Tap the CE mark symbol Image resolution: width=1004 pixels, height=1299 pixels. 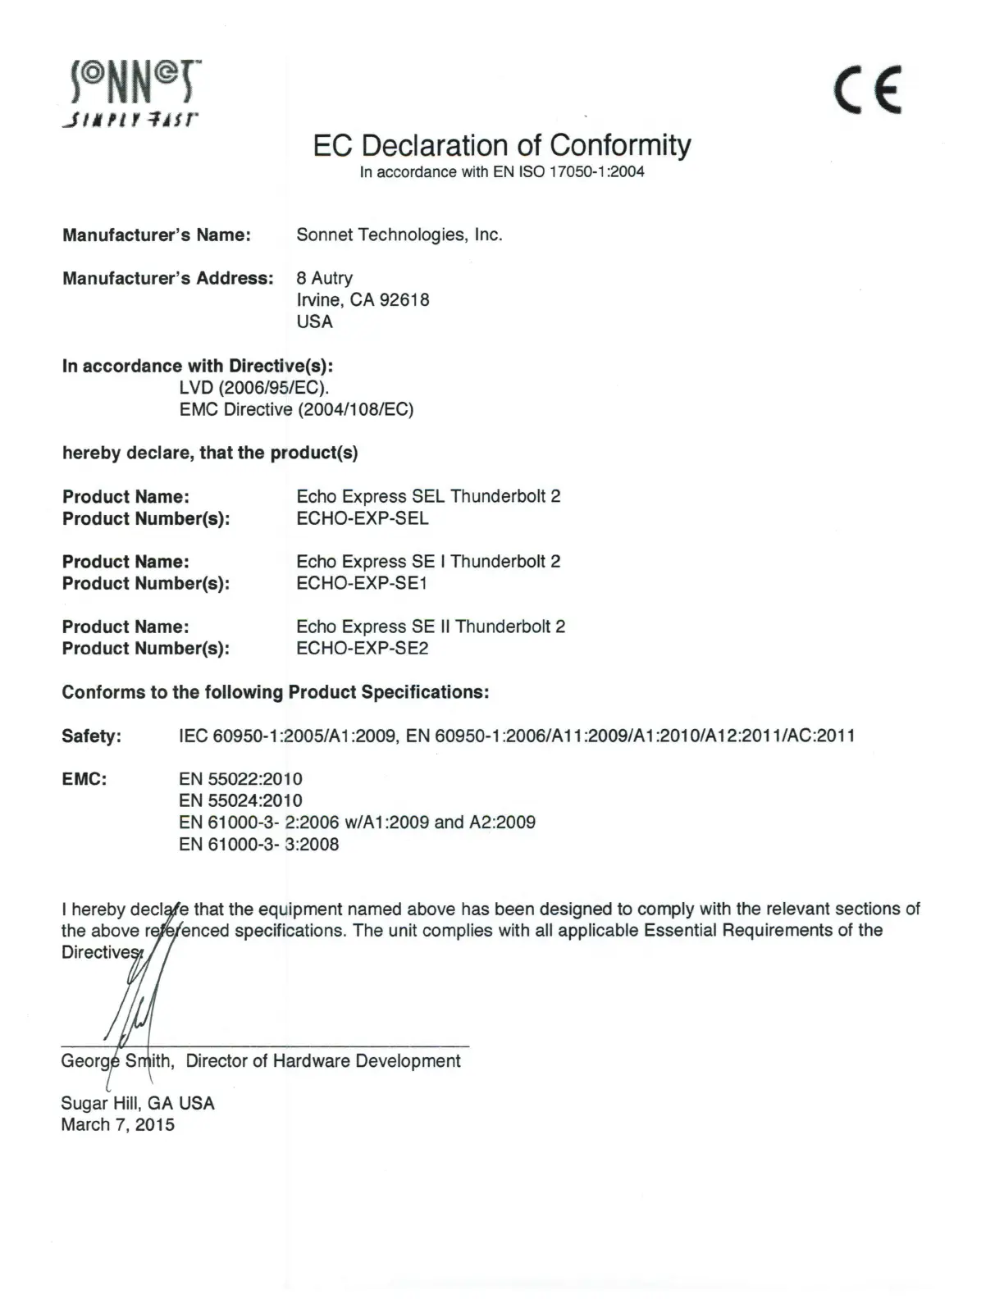pyautogui.click(x=868, y=89)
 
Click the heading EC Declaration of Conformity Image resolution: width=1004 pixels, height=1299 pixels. pyautogui.click(x=501, y=145)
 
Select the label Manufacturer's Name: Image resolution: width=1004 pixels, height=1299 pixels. pyautogui.click(x=156, y=235)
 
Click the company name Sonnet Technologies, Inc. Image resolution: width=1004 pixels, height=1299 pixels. pyautogui.click(x=399, y=235)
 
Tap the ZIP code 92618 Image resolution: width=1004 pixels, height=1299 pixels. pyautogui.click(x=404, y=300)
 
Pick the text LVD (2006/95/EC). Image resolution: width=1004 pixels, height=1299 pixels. pyautogui.click(x=254, y=388)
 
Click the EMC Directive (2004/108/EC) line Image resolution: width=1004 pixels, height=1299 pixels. pyautogui.click(x=296, y=409)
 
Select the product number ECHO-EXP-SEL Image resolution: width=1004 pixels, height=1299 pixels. pyautogui.click(x=362, y=518)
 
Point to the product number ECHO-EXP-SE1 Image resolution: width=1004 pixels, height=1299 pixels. pyautogui.click(x=362, y=584)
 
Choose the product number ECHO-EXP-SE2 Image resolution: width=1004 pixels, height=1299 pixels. pyautogui.click(x=362, y=649)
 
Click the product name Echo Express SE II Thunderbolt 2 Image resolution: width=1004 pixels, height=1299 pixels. pyautogui.click(x=431, y=627)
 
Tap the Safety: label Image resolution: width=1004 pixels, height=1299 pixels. pyautogui.click(x=91, y=736)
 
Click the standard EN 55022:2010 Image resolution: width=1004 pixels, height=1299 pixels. pyautogui.click(x=240, y=779)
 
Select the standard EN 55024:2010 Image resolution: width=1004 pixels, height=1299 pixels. pyautogui.click(x=240, y=800)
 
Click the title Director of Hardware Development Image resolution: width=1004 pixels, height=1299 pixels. pyautogui.click(x=323, y=1061)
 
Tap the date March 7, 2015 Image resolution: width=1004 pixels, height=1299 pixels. pyautogui.click(x=117, y=1125)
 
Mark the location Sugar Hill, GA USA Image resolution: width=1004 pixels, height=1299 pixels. pyautogui.click(x=137, y=1104)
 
